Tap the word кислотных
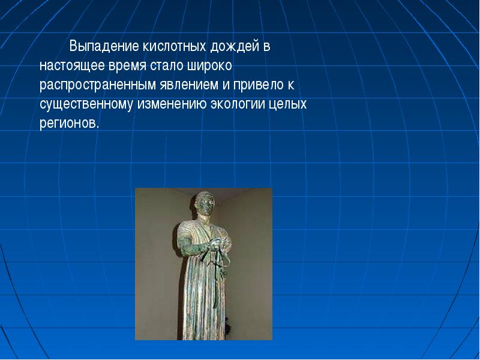(174, 47)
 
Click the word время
(127, 67)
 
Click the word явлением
(189, 85)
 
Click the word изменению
(172, 104)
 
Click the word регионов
(70, 124)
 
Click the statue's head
(205, 203)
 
